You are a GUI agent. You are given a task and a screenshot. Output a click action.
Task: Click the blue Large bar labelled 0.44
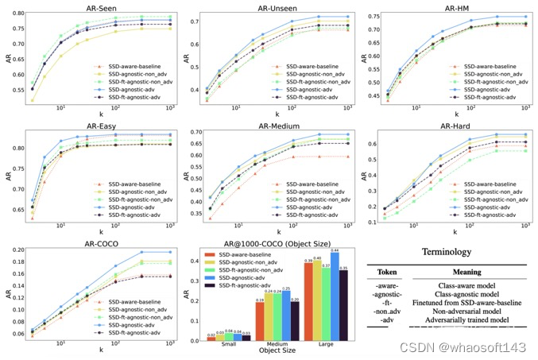(335, 296)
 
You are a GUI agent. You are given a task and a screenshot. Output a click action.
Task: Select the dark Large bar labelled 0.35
(343, 305)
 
